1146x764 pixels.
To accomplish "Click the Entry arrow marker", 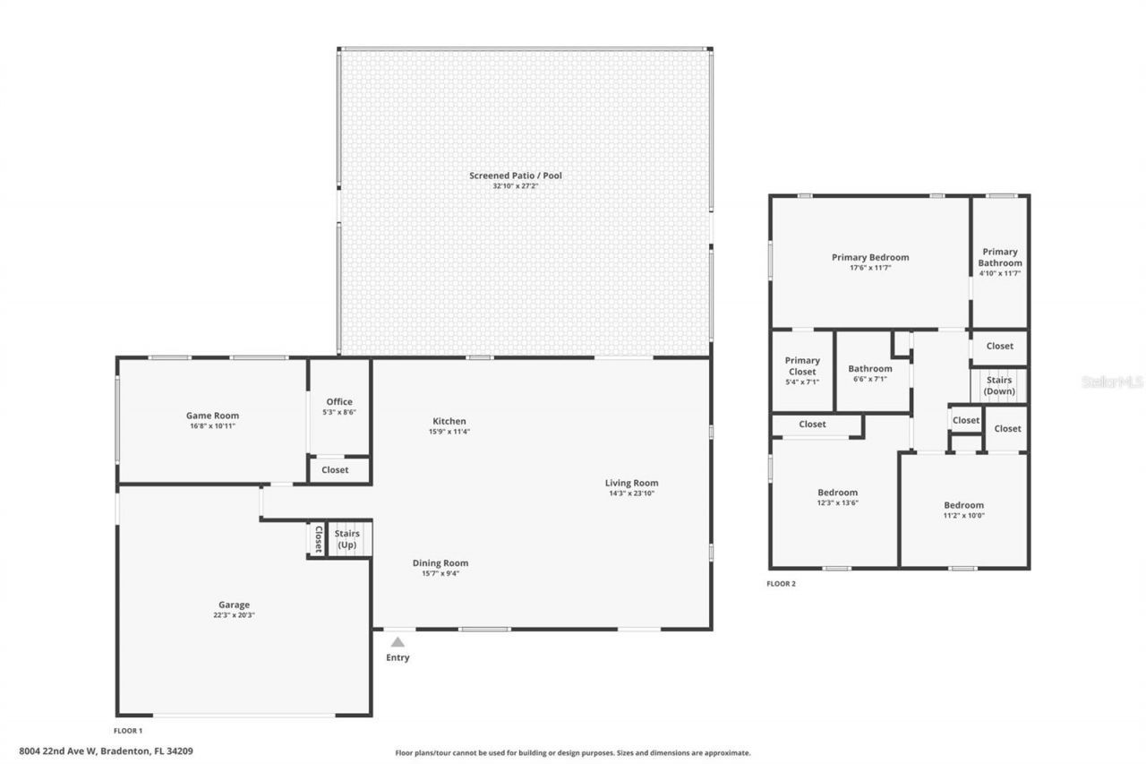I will pos(398,641).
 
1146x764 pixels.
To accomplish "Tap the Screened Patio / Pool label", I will pos(515,176).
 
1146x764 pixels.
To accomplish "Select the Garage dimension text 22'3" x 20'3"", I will pos(234,615).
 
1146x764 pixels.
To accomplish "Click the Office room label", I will pos(338,402).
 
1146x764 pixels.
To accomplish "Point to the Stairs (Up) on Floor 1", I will pos(347,539).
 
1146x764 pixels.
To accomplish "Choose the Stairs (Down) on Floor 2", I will pos(998,386).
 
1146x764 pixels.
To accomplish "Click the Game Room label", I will pos(212,416).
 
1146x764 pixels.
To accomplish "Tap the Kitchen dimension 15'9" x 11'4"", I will pos(449,432).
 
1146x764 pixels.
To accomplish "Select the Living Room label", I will pos(631,483).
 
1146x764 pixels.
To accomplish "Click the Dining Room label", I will pos(440,563).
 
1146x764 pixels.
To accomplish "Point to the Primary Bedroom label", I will pos(869,257).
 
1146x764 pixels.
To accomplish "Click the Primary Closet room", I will pos(802,366).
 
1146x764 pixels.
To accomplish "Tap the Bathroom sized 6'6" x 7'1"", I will pos(870,373).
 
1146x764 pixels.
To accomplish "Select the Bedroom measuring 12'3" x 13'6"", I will pos(837,497).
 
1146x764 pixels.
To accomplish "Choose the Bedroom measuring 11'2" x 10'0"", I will pos(963,510).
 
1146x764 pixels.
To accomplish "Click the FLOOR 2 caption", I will pos(781,584).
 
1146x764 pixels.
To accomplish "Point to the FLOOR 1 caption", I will pos(128,731).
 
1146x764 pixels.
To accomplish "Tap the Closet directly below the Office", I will pos(335,469).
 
